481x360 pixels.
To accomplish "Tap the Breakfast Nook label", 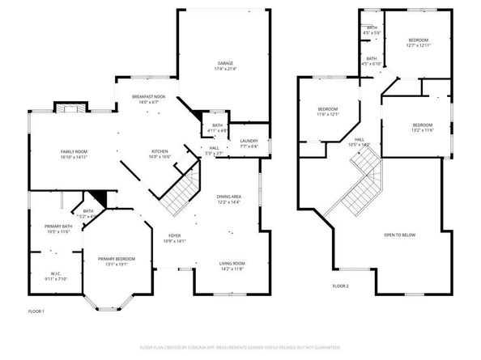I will click(x=149, y=100).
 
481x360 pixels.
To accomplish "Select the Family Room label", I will click(x=74, y=155).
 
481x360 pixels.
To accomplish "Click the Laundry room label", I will click(x=249, y=144).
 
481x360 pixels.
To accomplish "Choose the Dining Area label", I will click(x=229, y=199).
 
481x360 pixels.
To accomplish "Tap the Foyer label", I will click(x=175, y=239).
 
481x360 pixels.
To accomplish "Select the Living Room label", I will click(x=232, y=265).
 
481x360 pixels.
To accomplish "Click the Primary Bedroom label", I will click(x=117, y=261).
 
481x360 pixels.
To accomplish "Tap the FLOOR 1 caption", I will click(x=36, y=311).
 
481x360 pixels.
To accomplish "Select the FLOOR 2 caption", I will click(x=341, y=286).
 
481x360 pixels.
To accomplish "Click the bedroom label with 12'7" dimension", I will click(x=419, y=43).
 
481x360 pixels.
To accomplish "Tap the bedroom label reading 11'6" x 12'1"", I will click(x=327, y=112).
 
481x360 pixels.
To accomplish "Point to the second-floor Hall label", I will click(x=359, y=142).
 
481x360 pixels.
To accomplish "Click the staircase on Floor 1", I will click(x=177, y=187).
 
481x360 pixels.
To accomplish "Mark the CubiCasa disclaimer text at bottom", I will click(x=240, y=347).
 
